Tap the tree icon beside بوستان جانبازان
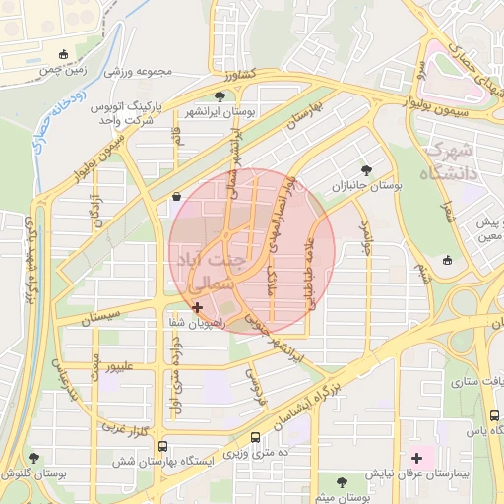[x=368, y=168]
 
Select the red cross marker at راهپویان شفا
[x=198, y=307]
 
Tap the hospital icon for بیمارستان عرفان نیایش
[x=417, y=457]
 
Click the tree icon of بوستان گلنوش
[x=34, y=458]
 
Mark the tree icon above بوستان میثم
[x=342, y=481]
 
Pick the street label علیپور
[x=130, y=367]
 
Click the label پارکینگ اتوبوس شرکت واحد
[x=130, y=111]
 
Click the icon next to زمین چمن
[x=64, y=54]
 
